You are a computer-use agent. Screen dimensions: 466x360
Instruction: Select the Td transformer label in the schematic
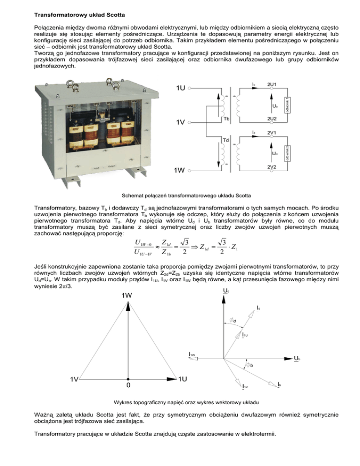(226, 140)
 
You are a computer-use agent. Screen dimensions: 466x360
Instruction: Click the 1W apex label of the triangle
(127, 295)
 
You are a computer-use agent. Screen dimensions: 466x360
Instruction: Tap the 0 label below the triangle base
(128, 385)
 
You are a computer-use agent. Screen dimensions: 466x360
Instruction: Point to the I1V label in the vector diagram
(245, 386)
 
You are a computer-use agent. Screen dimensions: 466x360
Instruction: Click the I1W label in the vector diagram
(192, 354)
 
